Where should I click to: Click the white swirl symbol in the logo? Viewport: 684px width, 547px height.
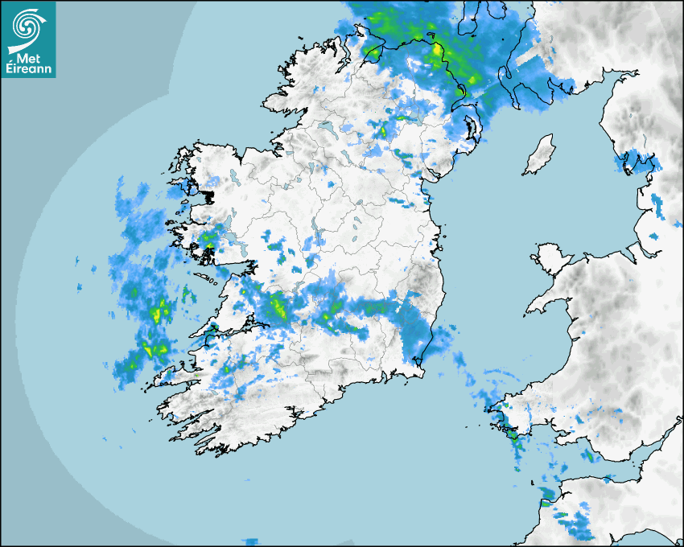pyautogui.click(x=27, y=27)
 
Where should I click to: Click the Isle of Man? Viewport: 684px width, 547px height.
pyautogui.click(x=540, y=155)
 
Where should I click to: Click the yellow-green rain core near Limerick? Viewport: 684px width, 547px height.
pyautogui.click(x=278, y=306)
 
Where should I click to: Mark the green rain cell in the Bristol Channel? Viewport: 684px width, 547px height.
pyautogui.click(x=588, y=456)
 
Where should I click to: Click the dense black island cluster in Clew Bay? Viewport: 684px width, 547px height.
pyautogui.click(x=209, y=195)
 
